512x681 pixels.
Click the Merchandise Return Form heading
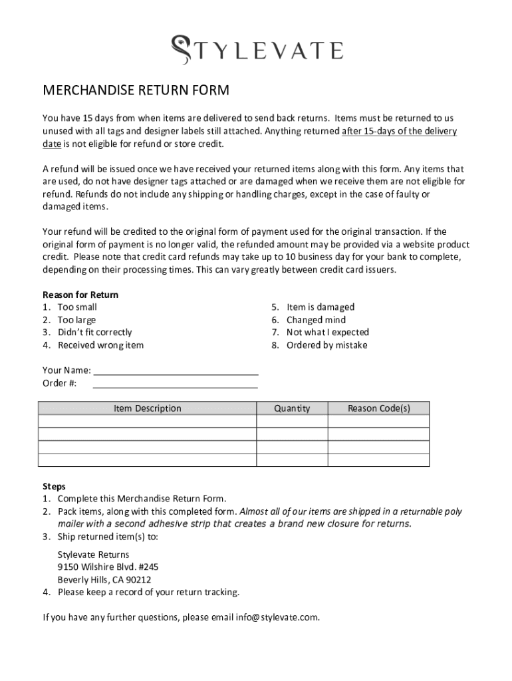136,90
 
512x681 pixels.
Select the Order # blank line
175,383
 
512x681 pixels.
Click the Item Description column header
147,408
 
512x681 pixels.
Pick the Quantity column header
292,408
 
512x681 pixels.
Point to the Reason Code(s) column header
378,408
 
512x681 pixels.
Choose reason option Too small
76,307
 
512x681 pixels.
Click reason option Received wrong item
100,345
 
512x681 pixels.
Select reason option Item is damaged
320,307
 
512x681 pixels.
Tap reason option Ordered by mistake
326,345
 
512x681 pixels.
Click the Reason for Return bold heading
80,295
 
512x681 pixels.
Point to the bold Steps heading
55,486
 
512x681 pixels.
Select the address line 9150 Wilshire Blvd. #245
108,567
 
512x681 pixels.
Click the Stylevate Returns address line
93,555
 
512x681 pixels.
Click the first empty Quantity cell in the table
292,421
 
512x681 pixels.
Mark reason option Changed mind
316,320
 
